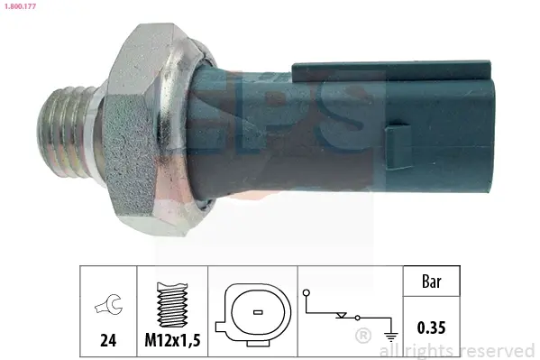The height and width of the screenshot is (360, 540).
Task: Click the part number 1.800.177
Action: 20,6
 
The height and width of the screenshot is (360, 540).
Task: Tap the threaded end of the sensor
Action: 66,132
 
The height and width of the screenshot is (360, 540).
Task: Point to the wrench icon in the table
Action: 108,304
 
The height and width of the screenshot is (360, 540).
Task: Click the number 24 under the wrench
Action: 108,340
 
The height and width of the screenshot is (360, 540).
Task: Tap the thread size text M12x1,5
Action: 172,340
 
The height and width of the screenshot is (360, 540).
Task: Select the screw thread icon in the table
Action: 172,304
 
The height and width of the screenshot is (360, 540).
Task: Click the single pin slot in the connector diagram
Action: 258,312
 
